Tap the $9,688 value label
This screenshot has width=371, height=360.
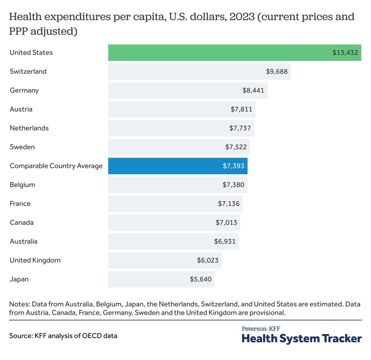click(x=277, y=72)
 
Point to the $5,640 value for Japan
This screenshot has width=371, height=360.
click(x=201, y=279)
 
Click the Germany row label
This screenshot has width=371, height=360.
click(x=24, y=90)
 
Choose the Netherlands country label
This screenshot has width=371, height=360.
click(x=29, y=128)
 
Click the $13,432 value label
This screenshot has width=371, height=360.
click(x=345, y=53)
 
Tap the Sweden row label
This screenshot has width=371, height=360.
click(x=22, y=147)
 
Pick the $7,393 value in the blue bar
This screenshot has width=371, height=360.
click(x=233, y=166)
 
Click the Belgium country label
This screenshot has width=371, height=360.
click(x=22, y=185)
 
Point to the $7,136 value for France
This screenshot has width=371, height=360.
click(x=229, y=204)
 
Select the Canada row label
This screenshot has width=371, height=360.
click(x=22, y=223)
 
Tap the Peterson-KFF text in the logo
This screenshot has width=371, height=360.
click(x=261, y=329)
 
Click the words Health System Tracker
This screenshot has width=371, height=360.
click(x=301, y=339)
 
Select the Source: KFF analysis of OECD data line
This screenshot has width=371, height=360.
click(x=63, y=336)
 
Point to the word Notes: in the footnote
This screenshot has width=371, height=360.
click(x=19, y=304)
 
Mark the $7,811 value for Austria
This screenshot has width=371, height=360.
click(x=241, y=109)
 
